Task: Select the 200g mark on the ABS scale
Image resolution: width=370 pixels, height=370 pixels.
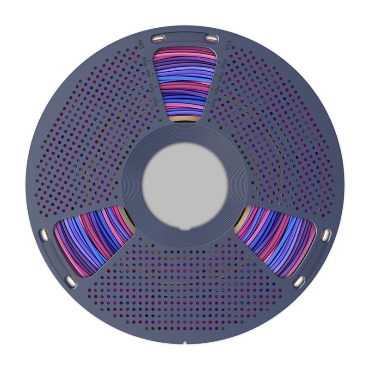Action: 156,102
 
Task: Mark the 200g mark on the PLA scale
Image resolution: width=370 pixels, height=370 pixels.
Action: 213,103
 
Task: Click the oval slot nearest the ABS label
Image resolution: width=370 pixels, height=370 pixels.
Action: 158,37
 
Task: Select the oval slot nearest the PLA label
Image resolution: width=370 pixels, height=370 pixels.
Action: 211,37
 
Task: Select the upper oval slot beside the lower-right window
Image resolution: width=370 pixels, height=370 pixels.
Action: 326,234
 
